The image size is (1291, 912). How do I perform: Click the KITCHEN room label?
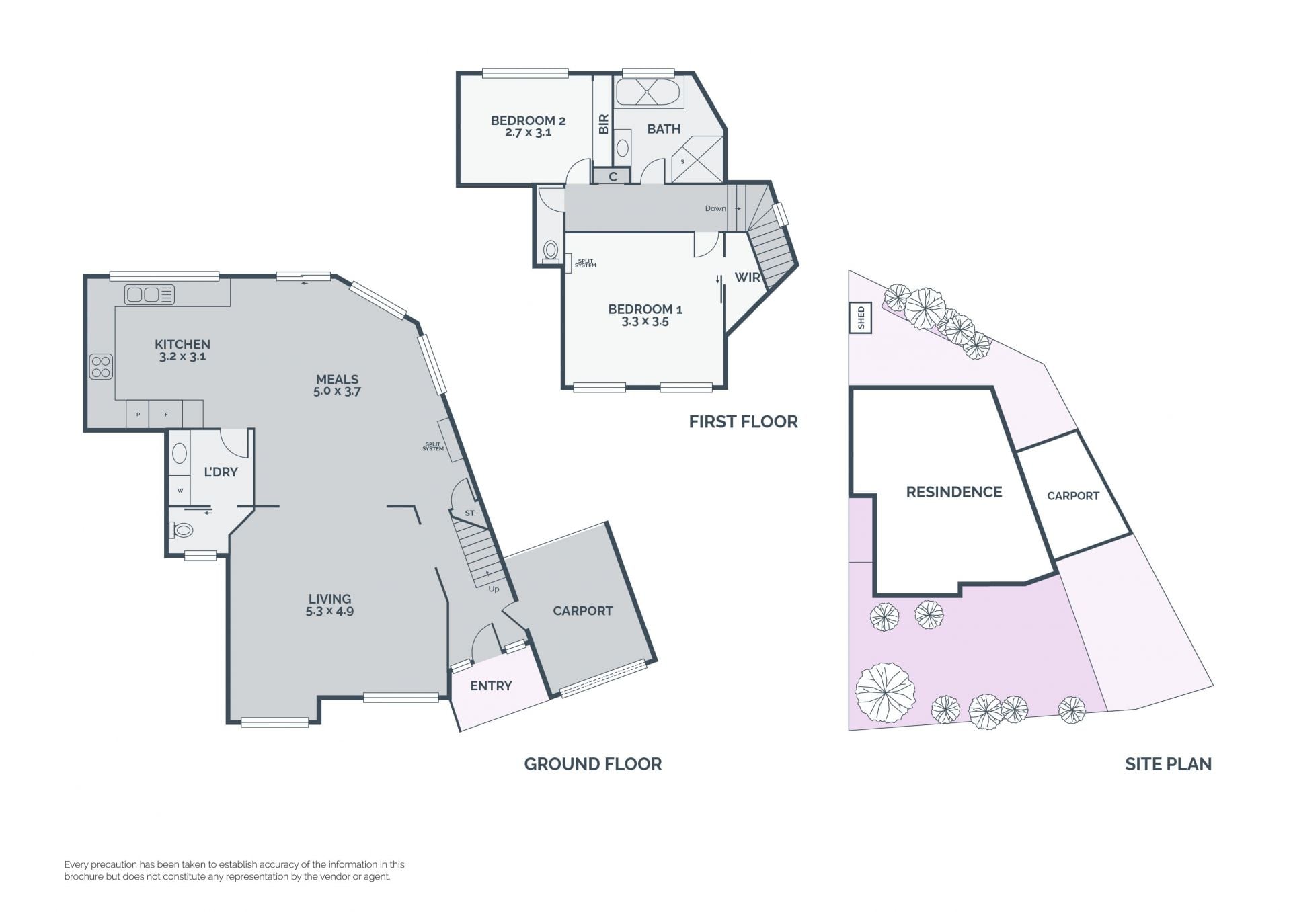182,344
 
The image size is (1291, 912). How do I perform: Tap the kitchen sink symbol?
150,294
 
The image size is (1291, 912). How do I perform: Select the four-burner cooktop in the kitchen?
101,367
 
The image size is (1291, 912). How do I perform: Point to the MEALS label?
337,379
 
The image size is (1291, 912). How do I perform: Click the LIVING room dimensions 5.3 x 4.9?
329,612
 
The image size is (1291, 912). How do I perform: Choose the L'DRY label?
221,472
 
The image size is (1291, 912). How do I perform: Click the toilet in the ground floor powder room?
182,530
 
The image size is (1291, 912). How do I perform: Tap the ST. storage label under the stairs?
470,513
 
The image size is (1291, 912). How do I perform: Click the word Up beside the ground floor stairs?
494,589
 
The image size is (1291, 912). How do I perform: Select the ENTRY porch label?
491,686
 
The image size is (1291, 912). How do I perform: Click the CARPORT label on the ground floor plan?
583,610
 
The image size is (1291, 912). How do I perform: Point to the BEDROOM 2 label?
528,120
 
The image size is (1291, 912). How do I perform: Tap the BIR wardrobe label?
603,124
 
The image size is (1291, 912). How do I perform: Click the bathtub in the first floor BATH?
648,91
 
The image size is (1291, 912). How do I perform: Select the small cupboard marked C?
613,176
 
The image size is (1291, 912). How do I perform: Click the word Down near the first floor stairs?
715,208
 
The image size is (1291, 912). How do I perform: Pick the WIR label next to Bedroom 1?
747,277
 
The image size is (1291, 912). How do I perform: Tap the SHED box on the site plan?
861,318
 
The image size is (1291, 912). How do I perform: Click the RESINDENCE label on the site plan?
954,492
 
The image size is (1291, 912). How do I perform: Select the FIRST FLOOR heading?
743,421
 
